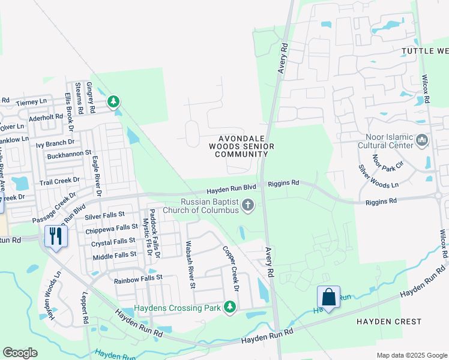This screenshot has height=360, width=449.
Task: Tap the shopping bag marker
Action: (328, 297)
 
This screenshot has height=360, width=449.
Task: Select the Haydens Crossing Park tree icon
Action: (229, 307)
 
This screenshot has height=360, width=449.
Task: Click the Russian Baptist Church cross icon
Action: (247, 206)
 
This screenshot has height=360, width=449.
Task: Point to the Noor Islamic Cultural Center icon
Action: (422, 140)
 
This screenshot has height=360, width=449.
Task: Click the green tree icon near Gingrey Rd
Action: (113, 103)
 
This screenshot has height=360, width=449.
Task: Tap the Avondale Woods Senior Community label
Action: (242, 146)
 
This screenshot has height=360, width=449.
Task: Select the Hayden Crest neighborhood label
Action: (389, 322)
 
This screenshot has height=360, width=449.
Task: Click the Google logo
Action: (20, 352)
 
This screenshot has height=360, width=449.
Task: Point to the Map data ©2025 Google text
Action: (411, 355)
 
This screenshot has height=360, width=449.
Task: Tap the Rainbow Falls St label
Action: (138, 278)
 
